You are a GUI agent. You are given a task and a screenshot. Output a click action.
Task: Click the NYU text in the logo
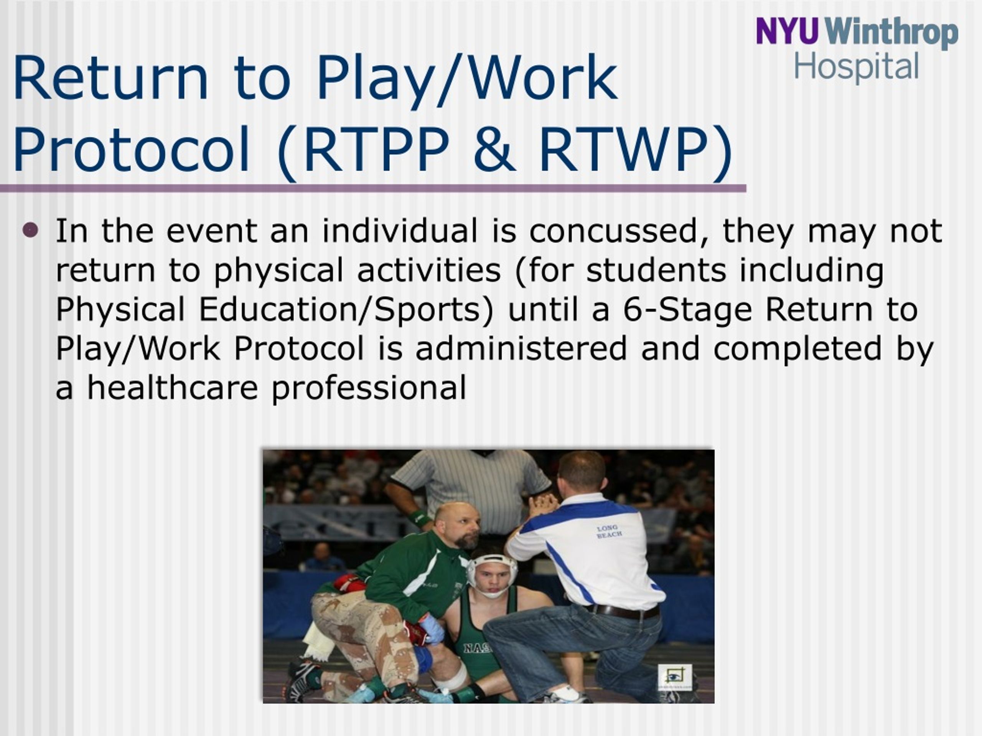tap(786, 31)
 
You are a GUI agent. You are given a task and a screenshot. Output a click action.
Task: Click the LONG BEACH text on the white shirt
tap(609, 531)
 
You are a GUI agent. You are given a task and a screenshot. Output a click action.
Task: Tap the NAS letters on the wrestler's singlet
tap(478, 648)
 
